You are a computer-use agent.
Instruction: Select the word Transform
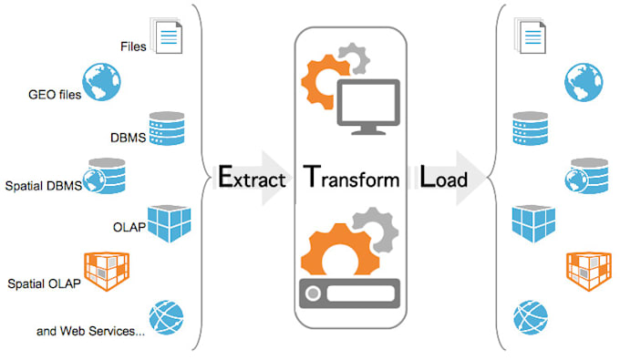[352, 177]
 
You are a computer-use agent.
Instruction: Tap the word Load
[444, 177]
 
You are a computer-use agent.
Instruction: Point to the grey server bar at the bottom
[351, 295]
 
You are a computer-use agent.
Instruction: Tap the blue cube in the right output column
[531, 221]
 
